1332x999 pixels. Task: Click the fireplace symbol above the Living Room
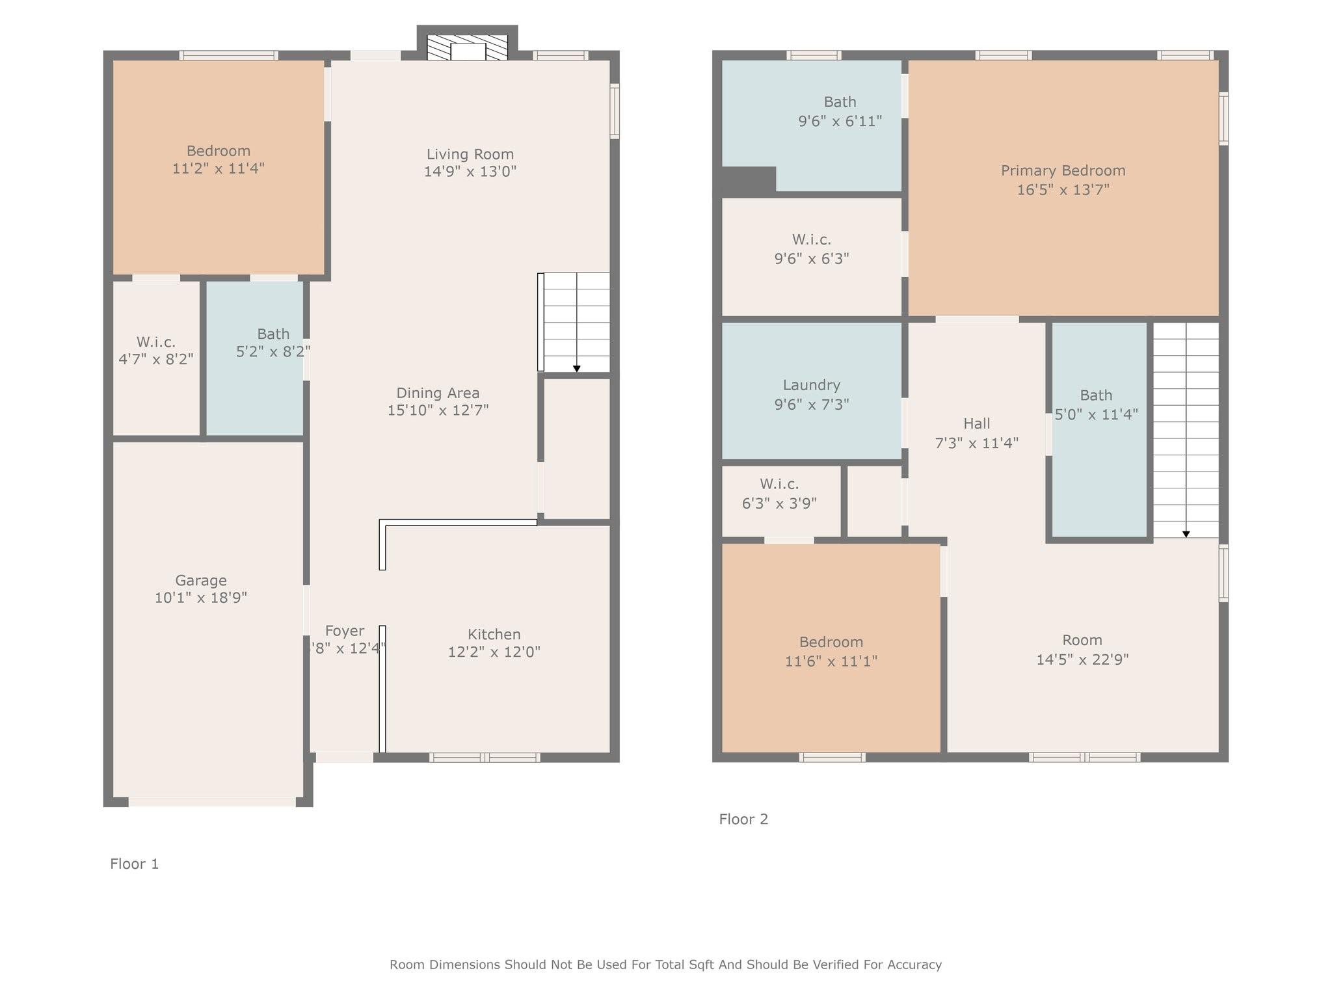(467, 47)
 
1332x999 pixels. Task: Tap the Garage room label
(201, 580)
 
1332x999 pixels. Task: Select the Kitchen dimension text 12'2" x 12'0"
(494, 652)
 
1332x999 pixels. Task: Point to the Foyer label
(345, 631)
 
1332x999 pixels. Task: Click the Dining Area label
(438, 393)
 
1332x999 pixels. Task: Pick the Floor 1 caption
(135, 864)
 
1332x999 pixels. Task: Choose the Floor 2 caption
(743, 819)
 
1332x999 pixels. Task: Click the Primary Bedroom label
(1063, 170)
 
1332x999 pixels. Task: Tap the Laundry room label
(812, 385)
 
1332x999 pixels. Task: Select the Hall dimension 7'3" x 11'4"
(976, 443)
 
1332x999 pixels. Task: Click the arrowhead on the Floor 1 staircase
(577, 369)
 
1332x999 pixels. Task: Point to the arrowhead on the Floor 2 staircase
(1186, 534)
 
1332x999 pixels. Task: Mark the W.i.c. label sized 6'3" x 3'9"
(779, 484)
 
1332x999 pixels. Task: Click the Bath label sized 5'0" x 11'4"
(1096, 395)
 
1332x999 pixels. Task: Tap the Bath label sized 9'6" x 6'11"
(840, 101)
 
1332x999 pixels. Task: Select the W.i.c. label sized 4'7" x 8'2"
(156, 341)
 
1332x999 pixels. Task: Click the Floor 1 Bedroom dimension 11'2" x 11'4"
(219, 168)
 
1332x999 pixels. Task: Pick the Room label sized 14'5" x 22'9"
(1082, 640)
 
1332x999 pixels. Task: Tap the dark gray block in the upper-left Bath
(749, 180)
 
